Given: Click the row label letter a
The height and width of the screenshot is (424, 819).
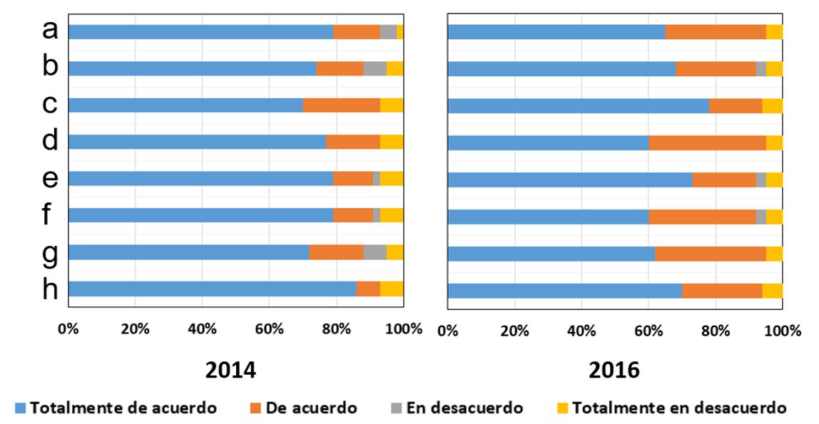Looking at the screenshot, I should tap(49, 30).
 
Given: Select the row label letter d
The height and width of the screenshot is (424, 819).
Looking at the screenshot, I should tap(49, 140).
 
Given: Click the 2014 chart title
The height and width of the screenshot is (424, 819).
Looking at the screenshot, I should tap(230, 371).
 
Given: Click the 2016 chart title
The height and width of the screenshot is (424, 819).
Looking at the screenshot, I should tap(614, 371).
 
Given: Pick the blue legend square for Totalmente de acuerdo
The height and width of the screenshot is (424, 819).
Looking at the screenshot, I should tap(21, 408).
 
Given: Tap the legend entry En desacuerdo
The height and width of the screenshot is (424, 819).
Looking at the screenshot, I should tap(464, 408).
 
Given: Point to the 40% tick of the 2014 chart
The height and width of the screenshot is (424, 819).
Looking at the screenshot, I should tap(202, 329).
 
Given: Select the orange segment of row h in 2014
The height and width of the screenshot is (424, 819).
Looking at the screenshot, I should tap(368, 289).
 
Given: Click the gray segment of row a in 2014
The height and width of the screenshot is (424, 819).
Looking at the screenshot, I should tap(388, 31).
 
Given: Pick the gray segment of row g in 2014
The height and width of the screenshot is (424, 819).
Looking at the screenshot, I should tap(375, 252).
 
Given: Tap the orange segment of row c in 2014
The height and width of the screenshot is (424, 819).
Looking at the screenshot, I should tap(341, 105).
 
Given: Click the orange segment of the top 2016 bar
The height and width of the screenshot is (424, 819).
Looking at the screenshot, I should tap(716, 32).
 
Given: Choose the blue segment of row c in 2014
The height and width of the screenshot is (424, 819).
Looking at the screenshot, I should tap(185, 105).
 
